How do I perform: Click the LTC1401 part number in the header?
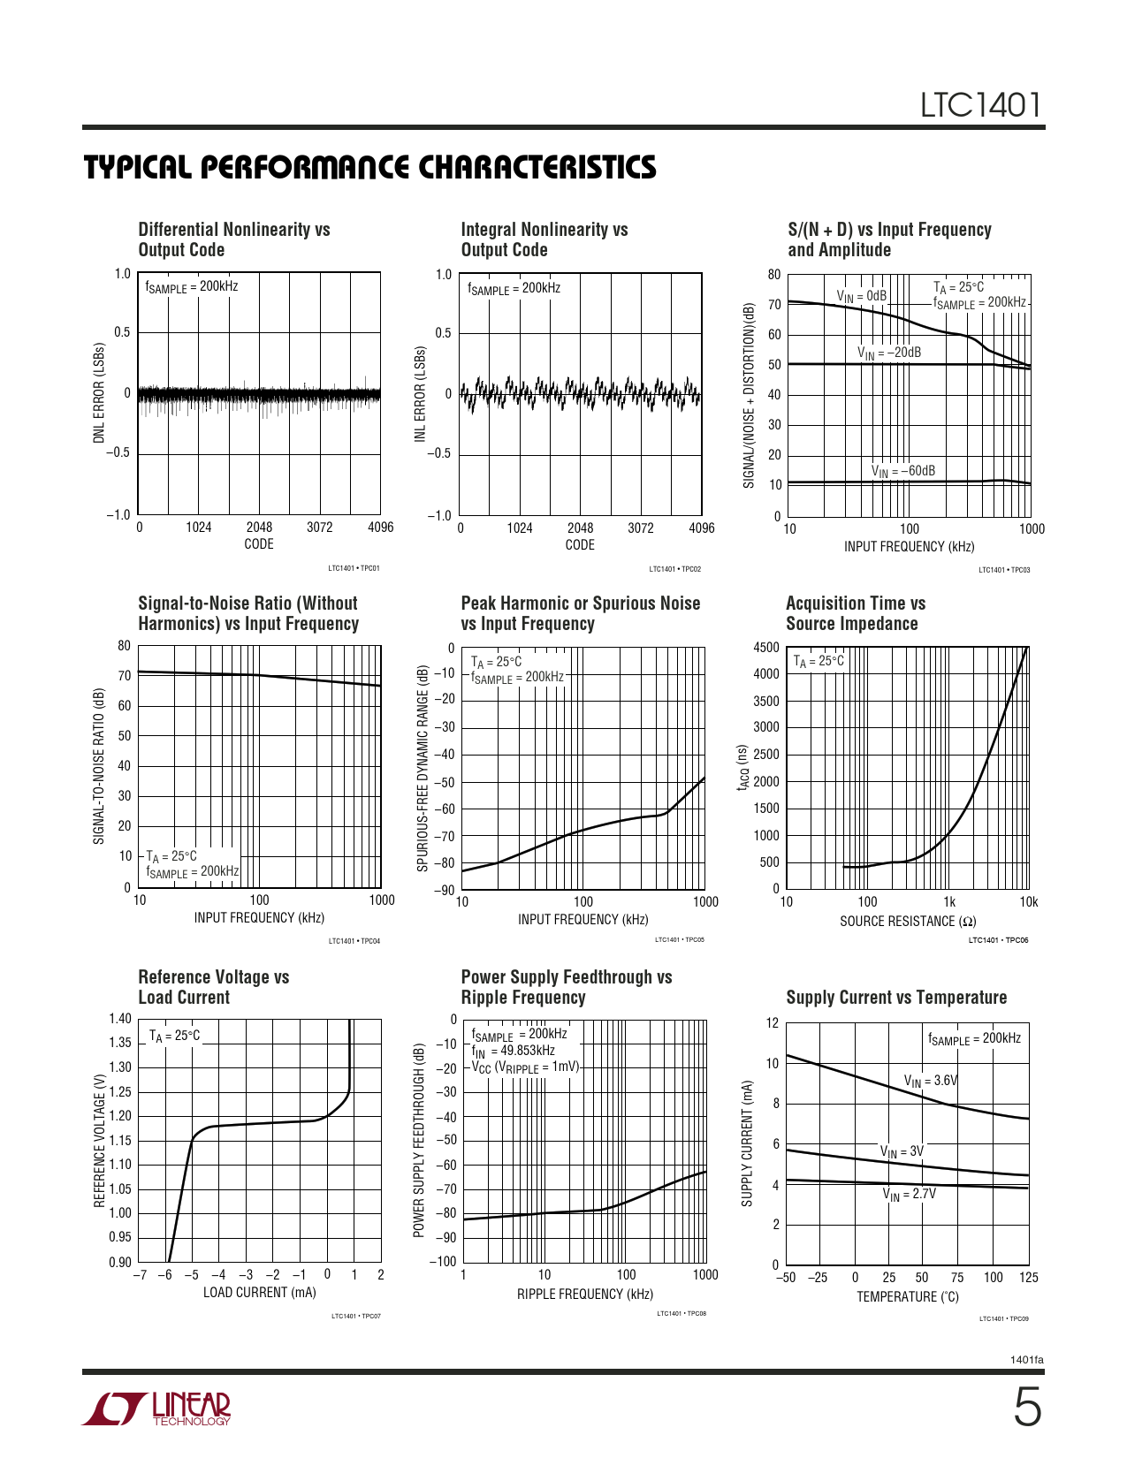pos(981,106)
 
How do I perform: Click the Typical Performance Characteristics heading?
pos(369,168)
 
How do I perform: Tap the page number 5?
pos(1026,1409)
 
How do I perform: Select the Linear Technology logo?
pos(156,1409)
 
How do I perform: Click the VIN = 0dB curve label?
pos(861,296)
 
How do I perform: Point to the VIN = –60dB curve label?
pos(902,472)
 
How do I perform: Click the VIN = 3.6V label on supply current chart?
pos(931,1081)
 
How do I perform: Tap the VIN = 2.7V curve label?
pos(909,1195)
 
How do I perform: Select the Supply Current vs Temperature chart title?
pos(896,998)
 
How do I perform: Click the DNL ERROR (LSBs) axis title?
pos(99,393)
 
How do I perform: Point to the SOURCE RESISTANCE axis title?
pos(908,922)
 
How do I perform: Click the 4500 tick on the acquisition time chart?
pos(766,647)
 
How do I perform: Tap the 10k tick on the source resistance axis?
pos(1028,902)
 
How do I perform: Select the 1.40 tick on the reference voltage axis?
pos(120,1019)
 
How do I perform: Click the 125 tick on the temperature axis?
pos(1028,1278)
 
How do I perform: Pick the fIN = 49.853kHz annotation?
pos(513,1051)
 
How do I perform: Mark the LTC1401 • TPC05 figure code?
pos(679,940)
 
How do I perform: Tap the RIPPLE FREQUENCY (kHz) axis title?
pos(585,1295)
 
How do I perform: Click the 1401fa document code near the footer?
pos(1026,1360)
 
